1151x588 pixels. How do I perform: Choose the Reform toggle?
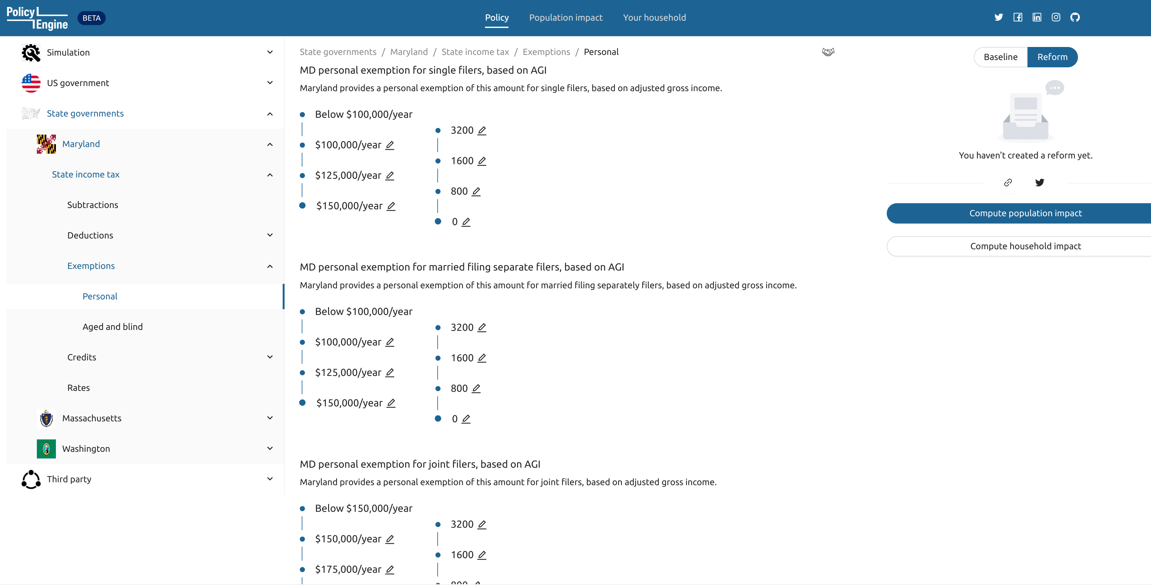(1052, 57)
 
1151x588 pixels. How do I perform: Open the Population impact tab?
(565, 17)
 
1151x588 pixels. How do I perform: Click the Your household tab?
(654, 17)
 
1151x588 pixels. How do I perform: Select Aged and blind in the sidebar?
(113, 327)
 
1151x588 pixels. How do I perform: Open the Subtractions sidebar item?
(92, 205)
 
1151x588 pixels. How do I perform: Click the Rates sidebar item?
(79, 387)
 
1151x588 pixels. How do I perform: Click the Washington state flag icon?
(46, 449)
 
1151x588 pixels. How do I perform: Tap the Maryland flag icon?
(46, 144)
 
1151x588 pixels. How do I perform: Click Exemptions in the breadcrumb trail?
(546, 52)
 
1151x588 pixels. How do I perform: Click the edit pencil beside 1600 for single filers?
(482, 161)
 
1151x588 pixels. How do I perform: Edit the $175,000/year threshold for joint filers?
(390, 569)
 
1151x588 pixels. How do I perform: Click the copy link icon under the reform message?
(1007, 182)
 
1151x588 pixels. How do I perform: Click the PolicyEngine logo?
(37, 18)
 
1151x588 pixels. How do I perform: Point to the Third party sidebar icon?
(31, 479)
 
